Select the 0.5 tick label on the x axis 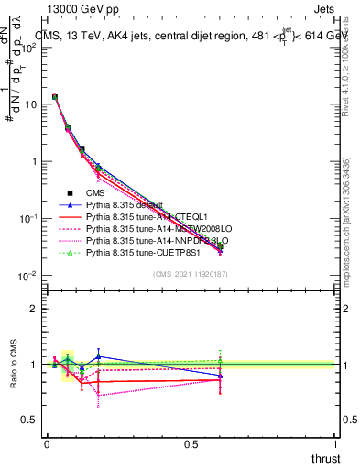pos(191,443)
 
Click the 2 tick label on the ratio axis pos(34,310)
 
